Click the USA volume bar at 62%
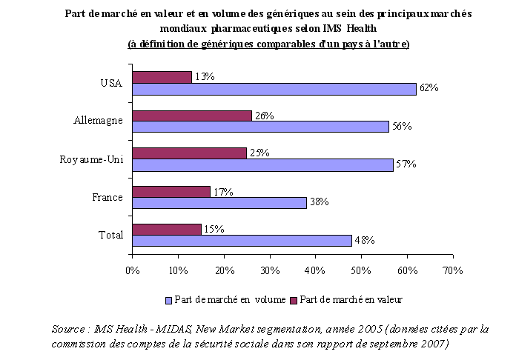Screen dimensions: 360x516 click(274, 88)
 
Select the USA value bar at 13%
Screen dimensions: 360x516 click(162, 76)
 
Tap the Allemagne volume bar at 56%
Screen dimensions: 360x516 click(260, 127)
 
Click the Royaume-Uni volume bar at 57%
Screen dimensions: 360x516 click(262, 164)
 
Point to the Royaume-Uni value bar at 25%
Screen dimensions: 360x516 click(189, 153)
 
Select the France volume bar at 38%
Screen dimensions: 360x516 click(219, 203)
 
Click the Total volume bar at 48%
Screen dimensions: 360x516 click(242, 240)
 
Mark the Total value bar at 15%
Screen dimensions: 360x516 click(166, 229)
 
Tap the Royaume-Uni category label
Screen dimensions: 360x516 click(93, 159)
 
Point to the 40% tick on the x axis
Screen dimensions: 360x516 click(315, 270)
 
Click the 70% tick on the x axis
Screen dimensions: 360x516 click(452, 270)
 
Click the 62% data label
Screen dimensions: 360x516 click(429, 88)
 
